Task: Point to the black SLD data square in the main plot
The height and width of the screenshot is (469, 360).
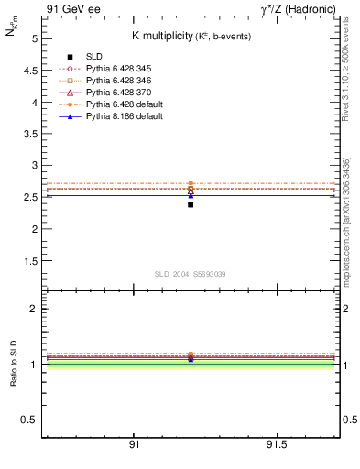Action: [x=191, y=204]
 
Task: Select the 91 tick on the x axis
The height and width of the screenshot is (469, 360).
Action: [x=134, y=445]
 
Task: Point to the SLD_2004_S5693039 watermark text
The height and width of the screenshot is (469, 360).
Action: [x=191, y=274]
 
